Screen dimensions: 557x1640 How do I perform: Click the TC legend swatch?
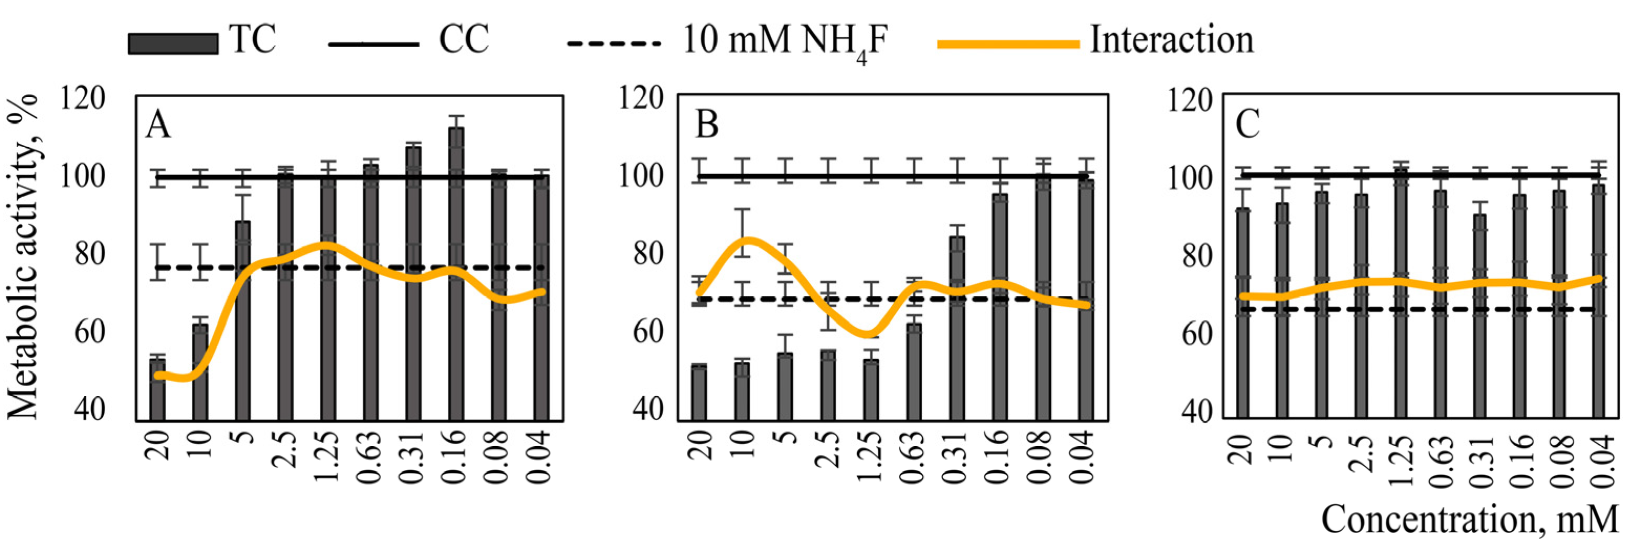pyautogui.click(x=172, y=44)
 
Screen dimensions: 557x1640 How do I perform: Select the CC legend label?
pyautogui.click(x=463, y=39)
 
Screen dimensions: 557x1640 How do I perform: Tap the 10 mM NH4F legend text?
pyautogui.click(x=784, y=41)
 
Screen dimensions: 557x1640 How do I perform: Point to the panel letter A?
pyautogui.click(x=158, y=125)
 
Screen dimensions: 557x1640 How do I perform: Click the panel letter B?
pyautogui.click(x=707, y=124)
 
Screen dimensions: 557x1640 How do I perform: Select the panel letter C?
pyautogui.click(x=1247, y=124)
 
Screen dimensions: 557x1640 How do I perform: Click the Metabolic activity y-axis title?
pyautogui.click(x=24, y=258)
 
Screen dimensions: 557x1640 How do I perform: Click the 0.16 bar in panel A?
pyautogui.click(x=456, y=274)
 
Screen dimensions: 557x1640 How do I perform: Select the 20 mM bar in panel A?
pyautogui.click(x=157, y=390)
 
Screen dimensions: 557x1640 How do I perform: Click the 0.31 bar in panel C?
pyautogui.click(x=1480, y=316)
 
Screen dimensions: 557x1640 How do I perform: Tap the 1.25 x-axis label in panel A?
pyautogui.click(x=328, y=457)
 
